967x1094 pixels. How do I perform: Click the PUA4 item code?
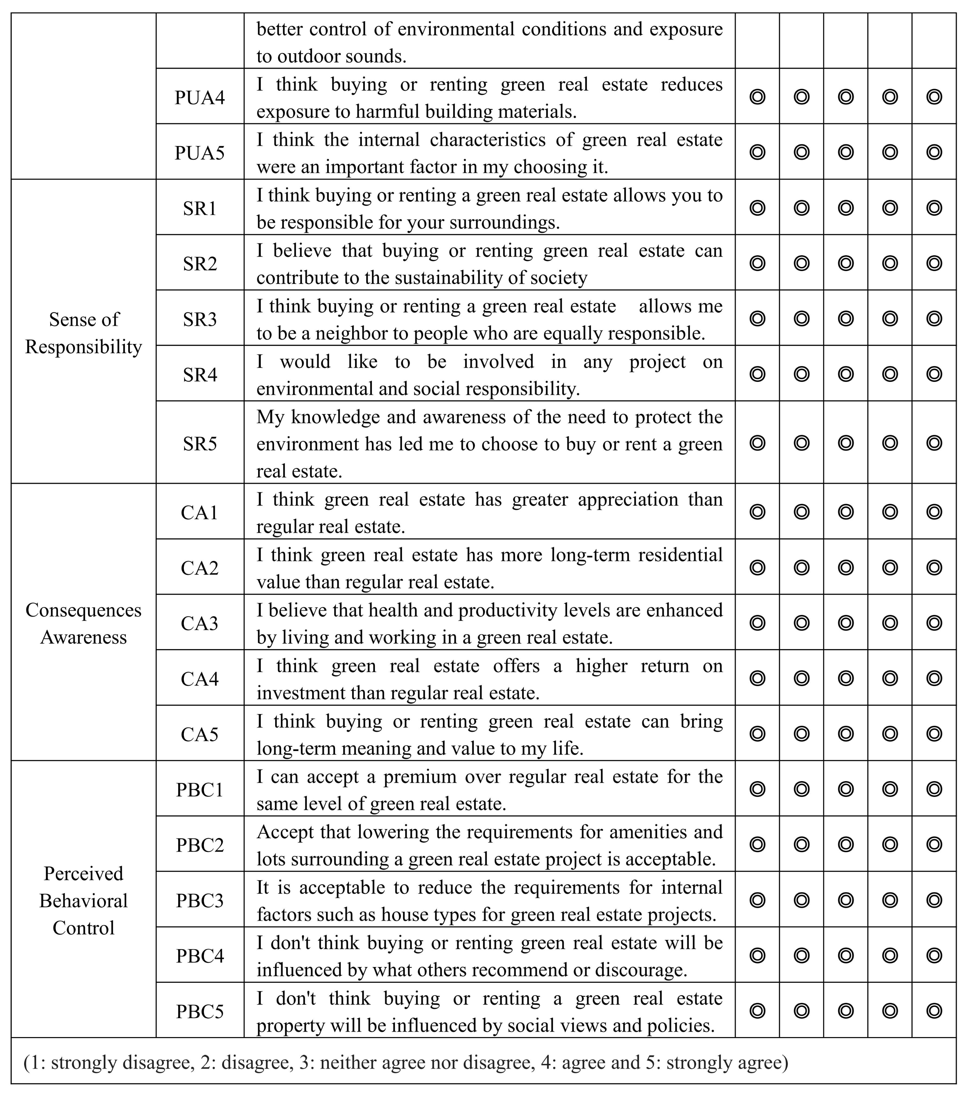click(x=199, y=97)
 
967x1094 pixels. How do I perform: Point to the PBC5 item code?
click(x=199, y=1012)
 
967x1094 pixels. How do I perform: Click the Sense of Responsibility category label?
click(x=83, y=333)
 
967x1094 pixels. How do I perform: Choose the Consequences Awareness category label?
click(x=83, y=623)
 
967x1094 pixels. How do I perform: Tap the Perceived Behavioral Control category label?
click(x=83, y=901)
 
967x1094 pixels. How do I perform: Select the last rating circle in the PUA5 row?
click(x=934, y=152)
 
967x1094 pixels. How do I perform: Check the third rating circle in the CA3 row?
click(x=845, y=623)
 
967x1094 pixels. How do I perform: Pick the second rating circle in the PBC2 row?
click(x=801, y=844)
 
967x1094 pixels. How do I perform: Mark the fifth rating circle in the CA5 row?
click(x=934, y=734)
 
